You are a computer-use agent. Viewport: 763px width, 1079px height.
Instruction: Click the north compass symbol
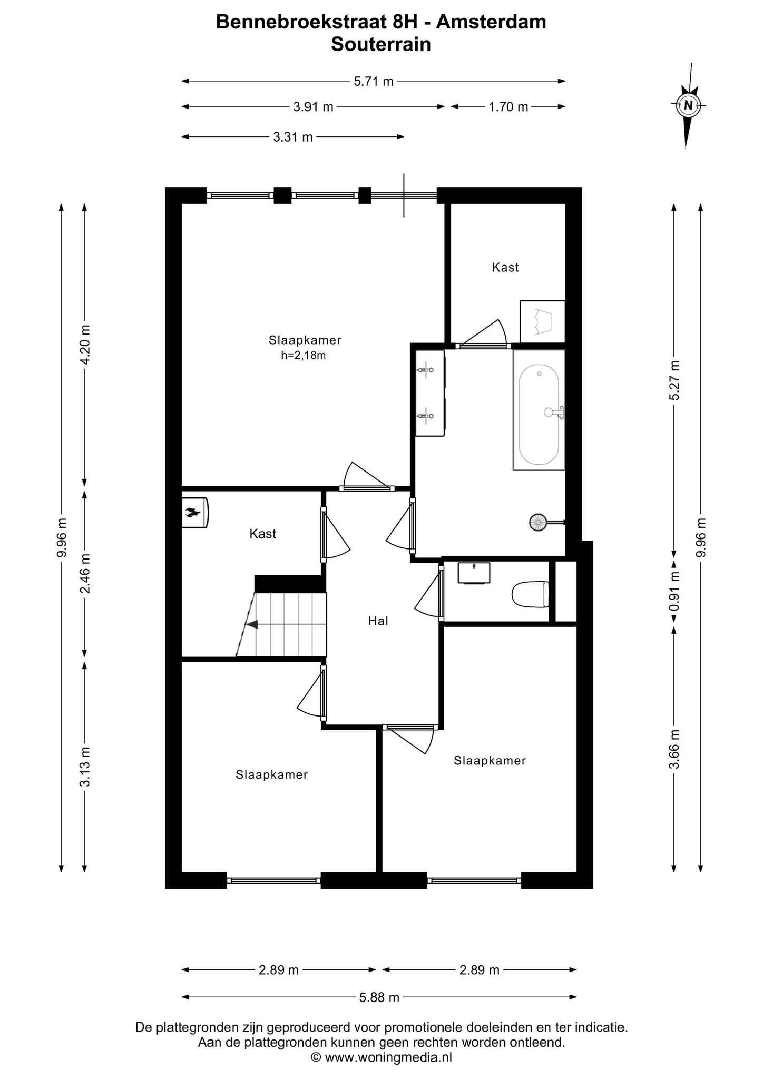pyautogui.click(x=688, y=105)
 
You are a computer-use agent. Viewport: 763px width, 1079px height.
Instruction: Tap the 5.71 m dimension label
pyautogui.click(x=373, y=82)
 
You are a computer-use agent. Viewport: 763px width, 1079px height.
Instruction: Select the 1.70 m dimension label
pyautogui.click(x=508, y=107)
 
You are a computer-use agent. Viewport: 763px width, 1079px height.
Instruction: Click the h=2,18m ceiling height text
pyautogui.click(x=304, y=356)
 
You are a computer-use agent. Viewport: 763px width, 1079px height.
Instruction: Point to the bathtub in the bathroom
pyautogui.click(x=539, y=410)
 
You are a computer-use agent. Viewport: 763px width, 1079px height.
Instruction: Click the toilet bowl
pyautogui.click(x=530, y=594)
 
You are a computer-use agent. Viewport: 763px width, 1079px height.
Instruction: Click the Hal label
pyautogui.click(x=378, y=621)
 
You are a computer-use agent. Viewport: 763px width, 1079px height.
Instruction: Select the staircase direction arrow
pyautogui.click(x=252, y=624)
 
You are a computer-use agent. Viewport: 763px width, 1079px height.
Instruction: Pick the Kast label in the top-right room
pyautogui.click(x=505, y=268)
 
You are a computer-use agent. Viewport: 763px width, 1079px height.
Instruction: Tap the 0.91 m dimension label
pyautogui.click(x=674, y=592)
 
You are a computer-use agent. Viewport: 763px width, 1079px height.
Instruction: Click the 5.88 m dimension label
pyautogui.click(x=379, y=997)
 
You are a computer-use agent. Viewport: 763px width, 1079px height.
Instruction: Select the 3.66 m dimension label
pyautogui.click(x=674, y=749)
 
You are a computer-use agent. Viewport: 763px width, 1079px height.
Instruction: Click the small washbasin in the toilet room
pyautogui.click(x=474, y=573)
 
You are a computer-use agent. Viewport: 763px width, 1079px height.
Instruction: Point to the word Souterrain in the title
pyautogui.click(x=380, y=45)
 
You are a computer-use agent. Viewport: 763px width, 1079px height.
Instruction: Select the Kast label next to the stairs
pyautogui.click(x=262, y=534)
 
